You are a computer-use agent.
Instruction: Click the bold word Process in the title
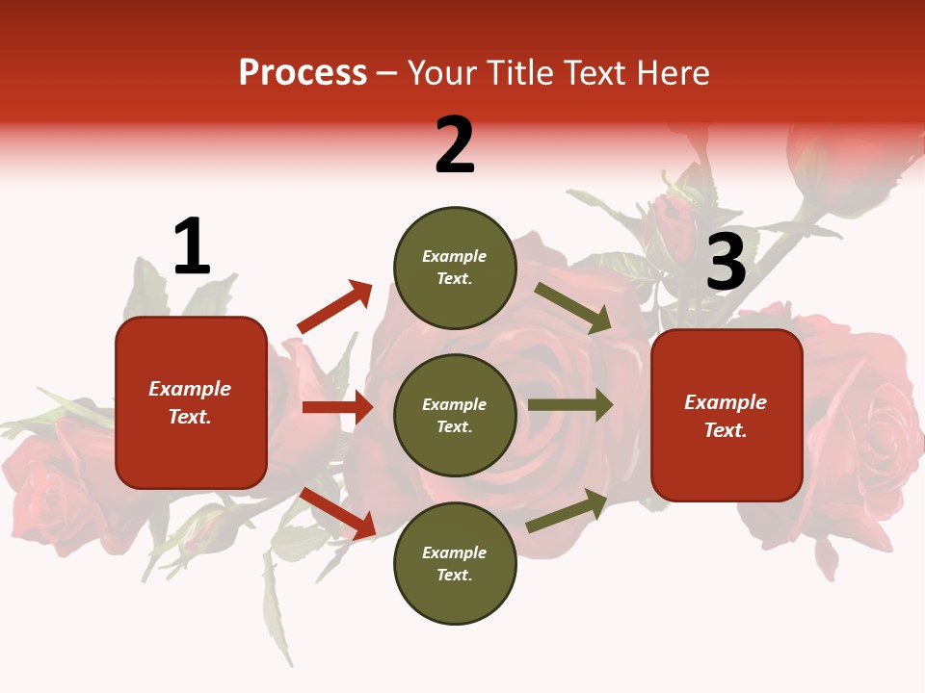pos(303,73)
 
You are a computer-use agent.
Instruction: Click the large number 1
pos(191,247)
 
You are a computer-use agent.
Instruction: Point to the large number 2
pos(455,146)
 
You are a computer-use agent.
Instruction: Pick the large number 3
pos(726,263)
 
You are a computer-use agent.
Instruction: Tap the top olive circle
pos(455,268)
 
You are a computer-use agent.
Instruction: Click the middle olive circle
pos(455,415)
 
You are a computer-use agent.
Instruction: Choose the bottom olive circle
pos(455,563)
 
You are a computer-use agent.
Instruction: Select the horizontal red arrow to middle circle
pos(337,407)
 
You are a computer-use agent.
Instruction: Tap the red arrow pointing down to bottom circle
pos(337,513)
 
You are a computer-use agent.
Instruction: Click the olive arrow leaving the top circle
pos(573,308)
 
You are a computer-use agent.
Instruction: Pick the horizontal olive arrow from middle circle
pos(569,405)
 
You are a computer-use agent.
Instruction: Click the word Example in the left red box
pos(190,389)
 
